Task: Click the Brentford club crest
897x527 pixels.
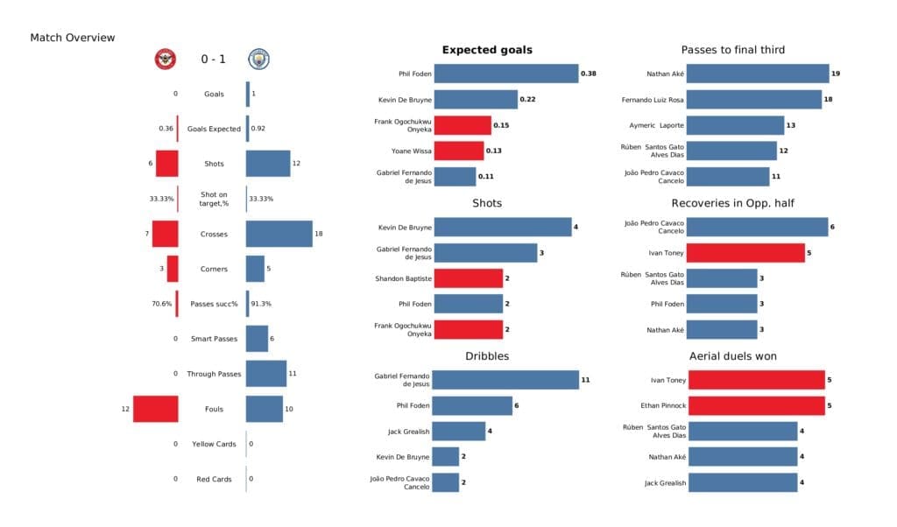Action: [x=165, y=59]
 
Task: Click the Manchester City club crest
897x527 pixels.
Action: [x=259, y=59]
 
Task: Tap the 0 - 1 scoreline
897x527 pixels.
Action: [x=213, y=60]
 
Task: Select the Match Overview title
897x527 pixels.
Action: [x=72, y=38]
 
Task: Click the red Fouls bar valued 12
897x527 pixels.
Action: [x=156, y=409]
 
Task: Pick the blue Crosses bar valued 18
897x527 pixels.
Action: [x=279, y=234]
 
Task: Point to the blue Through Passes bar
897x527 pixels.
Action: [x=265, y=374]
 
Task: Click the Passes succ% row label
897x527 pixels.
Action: [x=213, y=304]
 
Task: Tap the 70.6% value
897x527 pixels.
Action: [x=163, y=304]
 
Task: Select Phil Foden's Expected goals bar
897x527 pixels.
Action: [x=505, y=74]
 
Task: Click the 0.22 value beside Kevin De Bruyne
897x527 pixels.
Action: [x=527, y=100]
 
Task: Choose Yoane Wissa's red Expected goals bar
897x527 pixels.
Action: [x=458, y=151]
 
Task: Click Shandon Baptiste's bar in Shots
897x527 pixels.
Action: [x=468, y=278]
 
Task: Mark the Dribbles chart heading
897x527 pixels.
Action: [x=487, y=356]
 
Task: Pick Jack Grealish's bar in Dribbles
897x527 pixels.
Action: [x=459, y=431]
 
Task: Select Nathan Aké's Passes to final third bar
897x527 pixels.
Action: [x=758, y=74]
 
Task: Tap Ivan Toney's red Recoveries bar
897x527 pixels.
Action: [x=745, y=253]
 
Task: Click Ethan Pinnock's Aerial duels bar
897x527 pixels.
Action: [x=756, y=405]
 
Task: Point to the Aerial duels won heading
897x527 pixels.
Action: [x=732, y=356]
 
